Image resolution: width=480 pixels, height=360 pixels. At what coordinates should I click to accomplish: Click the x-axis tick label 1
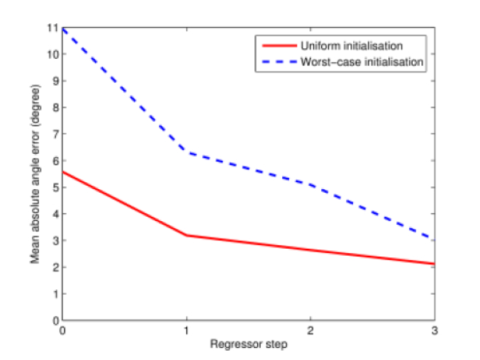tap(186, 331)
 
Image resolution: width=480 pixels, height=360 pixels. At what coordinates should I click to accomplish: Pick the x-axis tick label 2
tap(310, 331)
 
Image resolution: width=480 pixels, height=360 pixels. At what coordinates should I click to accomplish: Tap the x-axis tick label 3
tap(433, 331)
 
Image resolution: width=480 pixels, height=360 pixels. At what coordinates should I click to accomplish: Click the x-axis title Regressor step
tap(248, 344)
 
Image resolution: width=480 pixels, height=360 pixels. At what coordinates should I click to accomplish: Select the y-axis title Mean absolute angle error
tap(35, 174)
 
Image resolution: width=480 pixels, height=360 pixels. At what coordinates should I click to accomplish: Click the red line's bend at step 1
tap(186, 235)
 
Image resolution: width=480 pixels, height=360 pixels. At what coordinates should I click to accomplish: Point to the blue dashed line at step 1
tap(186, 152)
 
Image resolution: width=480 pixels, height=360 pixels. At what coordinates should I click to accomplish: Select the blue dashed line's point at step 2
tap(310, 184)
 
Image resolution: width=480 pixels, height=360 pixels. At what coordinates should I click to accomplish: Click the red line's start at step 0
tap(63, 171)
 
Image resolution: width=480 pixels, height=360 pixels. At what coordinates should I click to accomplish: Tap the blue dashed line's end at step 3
tap(433, 238)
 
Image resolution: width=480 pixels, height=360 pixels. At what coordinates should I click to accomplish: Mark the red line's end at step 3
tap(433, 264)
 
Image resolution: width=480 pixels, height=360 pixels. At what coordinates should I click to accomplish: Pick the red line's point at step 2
tap(310, 249)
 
